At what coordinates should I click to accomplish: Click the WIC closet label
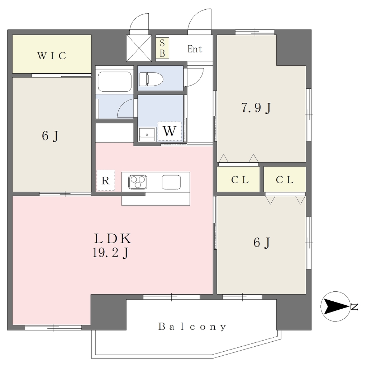click(x=52, y=56)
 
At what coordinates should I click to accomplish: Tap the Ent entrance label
click(x=195, y=49)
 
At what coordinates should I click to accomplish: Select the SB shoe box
click(x=162, y=48)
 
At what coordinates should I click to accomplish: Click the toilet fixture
click(x=151, y=79)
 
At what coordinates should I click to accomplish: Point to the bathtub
click(x=114, y=81)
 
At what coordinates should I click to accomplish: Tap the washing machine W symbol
click(x=170, y=131)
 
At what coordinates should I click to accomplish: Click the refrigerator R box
click(x=106, y=180)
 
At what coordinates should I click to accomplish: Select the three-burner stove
click(x=138, y=182)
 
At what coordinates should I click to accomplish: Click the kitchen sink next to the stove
click(x=171, y=182)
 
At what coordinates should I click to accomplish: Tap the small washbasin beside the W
click(x=147, y=134)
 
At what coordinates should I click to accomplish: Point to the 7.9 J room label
click(x=256, y=108)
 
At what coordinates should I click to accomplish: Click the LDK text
click(x=112, y=239)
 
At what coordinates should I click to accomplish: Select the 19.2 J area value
click(x=110, y=253)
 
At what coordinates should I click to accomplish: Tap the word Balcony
click(x=192, y=327)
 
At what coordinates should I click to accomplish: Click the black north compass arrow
click(x=336, y=306)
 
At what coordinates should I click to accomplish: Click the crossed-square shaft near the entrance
click(x=139, y=48)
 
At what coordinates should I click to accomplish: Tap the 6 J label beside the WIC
click(x=50, y=136)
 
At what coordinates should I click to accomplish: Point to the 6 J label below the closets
click(x=262, y=242)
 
